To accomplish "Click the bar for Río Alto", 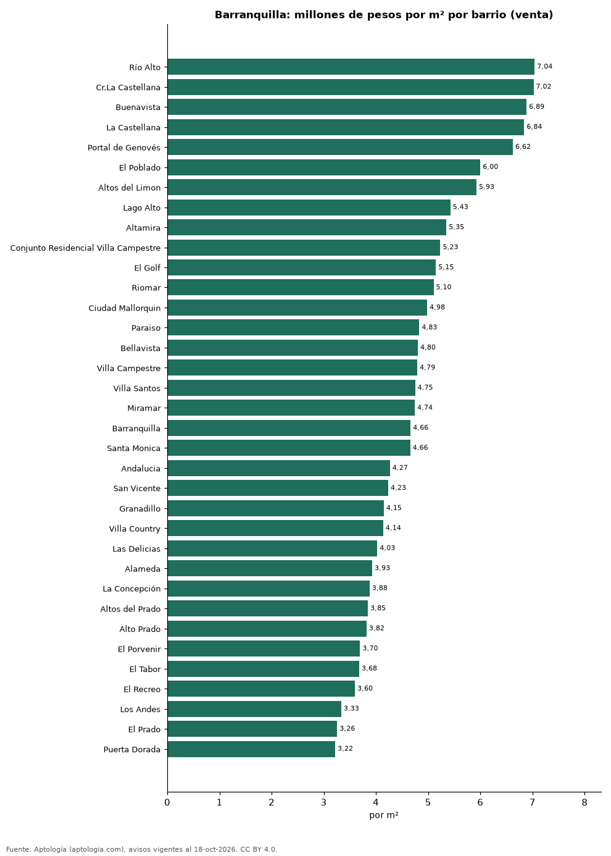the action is [x=351, y=67].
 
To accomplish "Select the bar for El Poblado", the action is [x=323, y=167].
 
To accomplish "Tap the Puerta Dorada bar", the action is [x=251, y=749].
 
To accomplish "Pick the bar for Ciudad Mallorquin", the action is [x=297, y=308].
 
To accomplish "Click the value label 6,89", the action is [x=536, y=107].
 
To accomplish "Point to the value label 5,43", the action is [x=460, y=207].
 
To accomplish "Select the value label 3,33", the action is [x=351, y=708].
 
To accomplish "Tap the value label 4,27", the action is [x=400, y=468].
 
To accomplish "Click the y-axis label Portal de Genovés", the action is [x=123, y=148].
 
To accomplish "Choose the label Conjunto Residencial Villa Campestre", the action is [x=85, y=248].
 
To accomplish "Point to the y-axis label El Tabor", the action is [x=145, y=669].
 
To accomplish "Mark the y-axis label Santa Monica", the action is [x=134, y=448].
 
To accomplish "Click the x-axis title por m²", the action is [x=383, y=815].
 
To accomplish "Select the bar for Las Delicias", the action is [x=272, y=548].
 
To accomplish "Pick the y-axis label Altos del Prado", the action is [x=130, y=609].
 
